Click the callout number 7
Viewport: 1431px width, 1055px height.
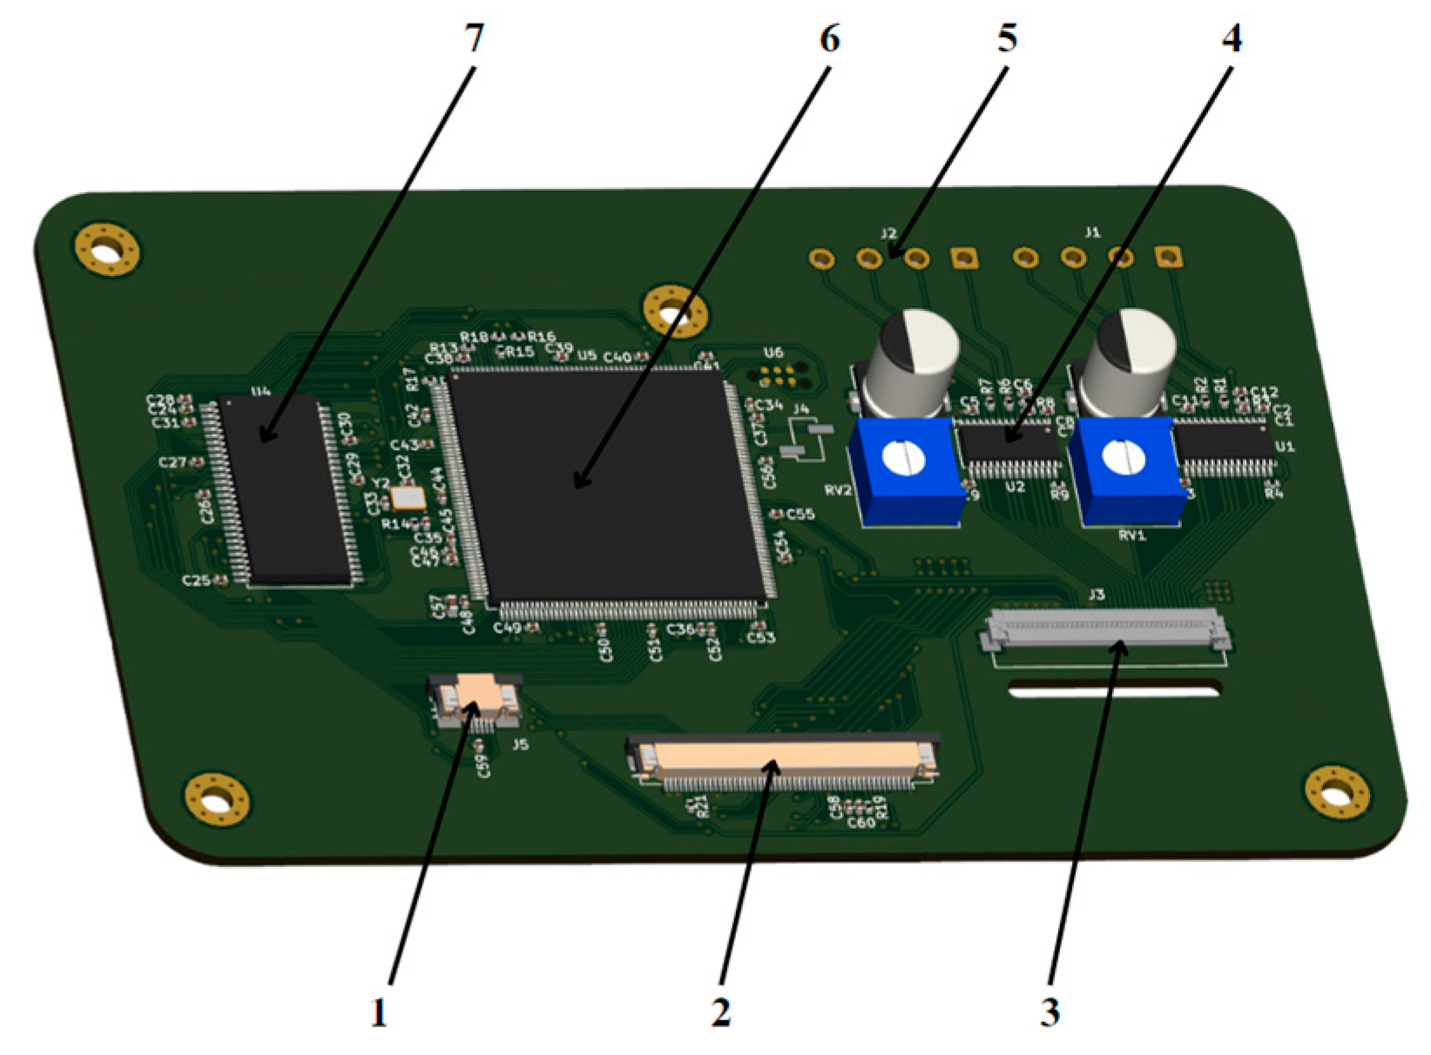pyautogui.click(x=474, y=38)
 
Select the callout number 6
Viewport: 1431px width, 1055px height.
pyautogui.click(x=829, y=38)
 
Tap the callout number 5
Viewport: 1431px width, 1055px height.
pyautogui.click(x=1007, y=38)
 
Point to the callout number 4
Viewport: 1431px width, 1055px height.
pyautogui.click(x=1231, y=38)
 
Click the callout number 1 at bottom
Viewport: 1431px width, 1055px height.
pyautogui.click(x=379, y=1013)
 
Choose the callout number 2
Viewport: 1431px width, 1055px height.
pyautogui.click(x=720, y=1013)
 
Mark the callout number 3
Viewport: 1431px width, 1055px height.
pyautogui.click(x=1050, y=1013)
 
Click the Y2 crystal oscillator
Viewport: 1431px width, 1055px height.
pyautogui.click(x=408, y=498)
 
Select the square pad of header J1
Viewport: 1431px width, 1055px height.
pyautogui.click(x=1167, y=256)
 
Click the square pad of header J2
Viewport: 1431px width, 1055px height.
pyautogui.click(x=963, y=258)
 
